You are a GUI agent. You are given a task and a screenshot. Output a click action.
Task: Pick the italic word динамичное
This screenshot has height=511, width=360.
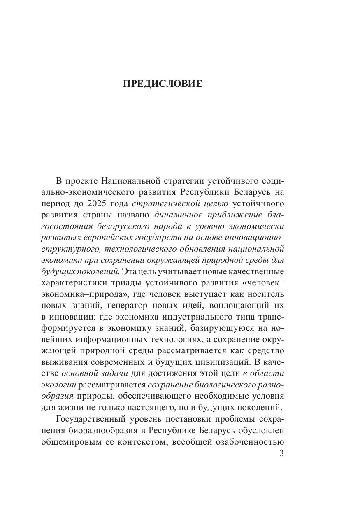tap(179, 215)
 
